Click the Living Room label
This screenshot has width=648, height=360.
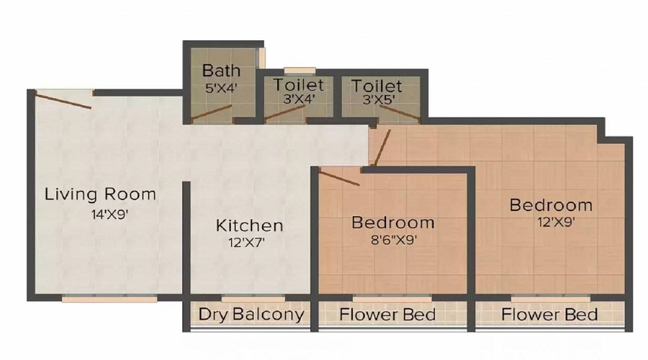point(100,194)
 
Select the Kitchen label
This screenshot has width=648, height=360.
point(249,225)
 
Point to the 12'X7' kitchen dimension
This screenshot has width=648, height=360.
point(246,243)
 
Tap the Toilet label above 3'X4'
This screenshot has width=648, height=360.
point(298,85)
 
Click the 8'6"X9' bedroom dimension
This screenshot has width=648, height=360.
point(393,240)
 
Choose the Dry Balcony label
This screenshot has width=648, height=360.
point(250,315)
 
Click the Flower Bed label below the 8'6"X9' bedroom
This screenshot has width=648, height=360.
point(387,315)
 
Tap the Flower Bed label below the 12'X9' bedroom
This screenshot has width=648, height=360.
point(549,315)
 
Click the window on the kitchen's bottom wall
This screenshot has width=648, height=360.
point(243,297)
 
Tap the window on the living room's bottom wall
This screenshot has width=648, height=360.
point(109,297)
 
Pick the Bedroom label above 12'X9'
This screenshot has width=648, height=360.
point(551,205)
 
